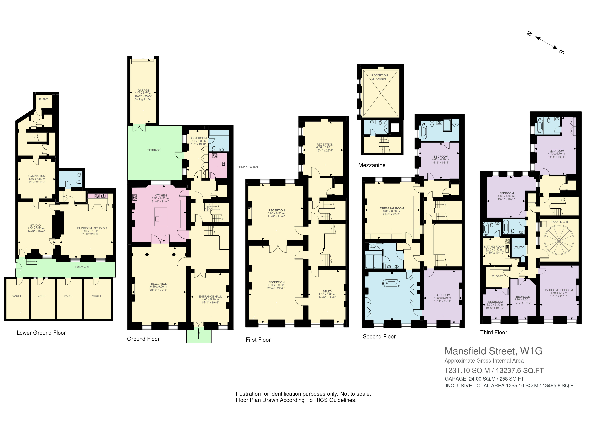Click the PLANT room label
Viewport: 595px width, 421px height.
(44, 99)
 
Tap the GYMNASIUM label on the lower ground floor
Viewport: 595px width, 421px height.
(37, 176)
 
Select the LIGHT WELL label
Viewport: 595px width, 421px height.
(83, 267)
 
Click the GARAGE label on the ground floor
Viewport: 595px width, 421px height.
(143, 91)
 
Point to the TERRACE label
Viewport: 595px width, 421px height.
(154, 150)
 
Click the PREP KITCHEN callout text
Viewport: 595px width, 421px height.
(247, 167)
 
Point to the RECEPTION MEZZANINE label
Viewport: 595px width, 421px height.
(379, 77)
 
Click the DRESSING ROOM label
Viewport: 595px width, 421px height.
(392, 208)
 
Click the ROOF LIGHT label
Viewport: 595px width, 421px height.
(560, 222)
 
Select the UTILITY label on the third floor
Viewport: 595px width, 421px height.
(518, 247)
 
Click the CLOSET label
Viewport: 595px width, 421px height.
(497, 276)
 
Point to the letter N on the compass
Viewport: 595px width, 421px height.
(529, 34)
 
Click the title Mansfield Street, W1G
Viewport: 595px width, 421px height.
(493, 351)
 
